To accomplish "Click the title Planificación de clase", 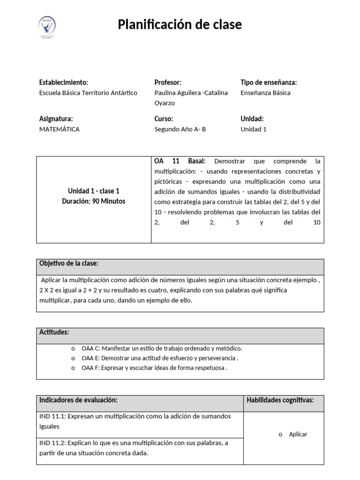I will [x=180, y=24].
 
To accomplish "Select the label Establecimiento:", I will [x=63, y=82].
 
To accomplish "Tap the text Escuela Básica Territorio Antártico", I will [x=88, y=93].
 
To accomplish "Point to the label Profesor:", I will [x=168, y=82].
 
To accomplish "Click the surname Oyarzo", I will [x=164, y=103].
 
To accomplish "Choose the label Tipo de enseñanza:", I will [x=269, y=82].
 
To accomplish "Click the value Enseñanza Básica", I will [x=265, y=93].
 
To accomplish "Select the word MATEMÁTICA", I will [x=60, y=129].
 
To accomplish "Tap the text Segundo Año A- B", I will [x=180, y=129].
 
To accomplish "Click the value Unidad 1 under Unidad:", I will [x=254, y=129].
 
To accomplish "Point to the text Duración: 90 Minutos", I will [x=94, y=201].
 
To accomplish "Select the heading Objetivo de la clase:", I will [x=69, y=263].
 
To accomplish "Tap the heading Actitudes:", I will [x=54, y=332].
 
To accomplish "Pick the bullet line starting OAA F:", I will [x=154, y=368].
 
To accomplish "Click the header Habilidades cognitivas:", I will [x=280, y=400].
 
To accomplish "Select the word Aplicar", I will [x=298, y=434].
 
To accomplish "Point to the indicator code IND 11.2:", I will [x=52, y=443].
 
